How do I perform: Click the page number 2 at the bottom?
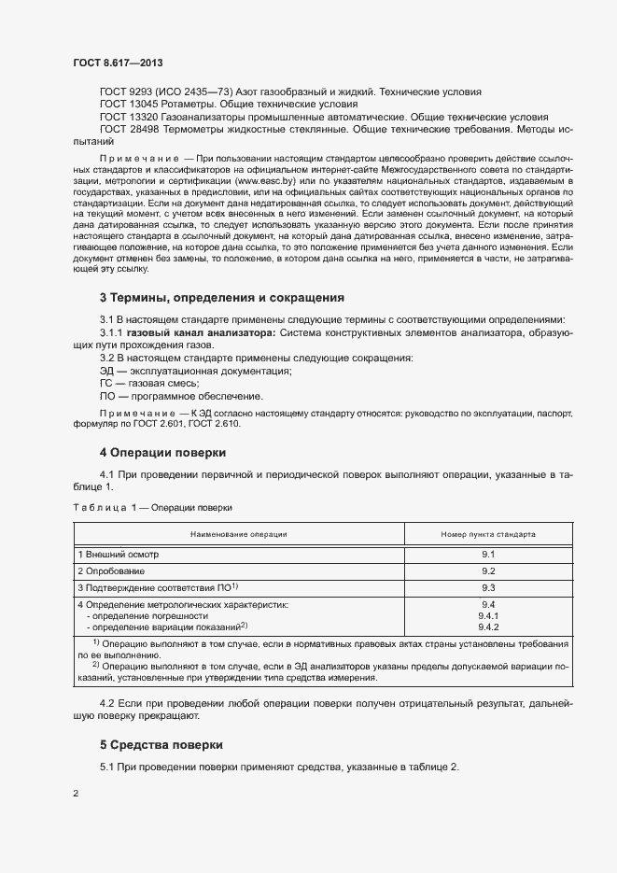77,794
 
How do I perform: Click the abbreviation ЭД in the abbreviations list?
107,371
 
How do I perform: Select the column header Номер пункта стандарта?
487,535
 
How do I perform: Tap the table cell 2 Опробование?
111,570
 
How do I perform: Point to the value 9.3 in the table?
487,587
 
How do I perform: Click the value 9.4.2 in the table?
487,627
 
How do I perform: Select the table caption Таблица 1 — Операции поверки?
152,507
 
